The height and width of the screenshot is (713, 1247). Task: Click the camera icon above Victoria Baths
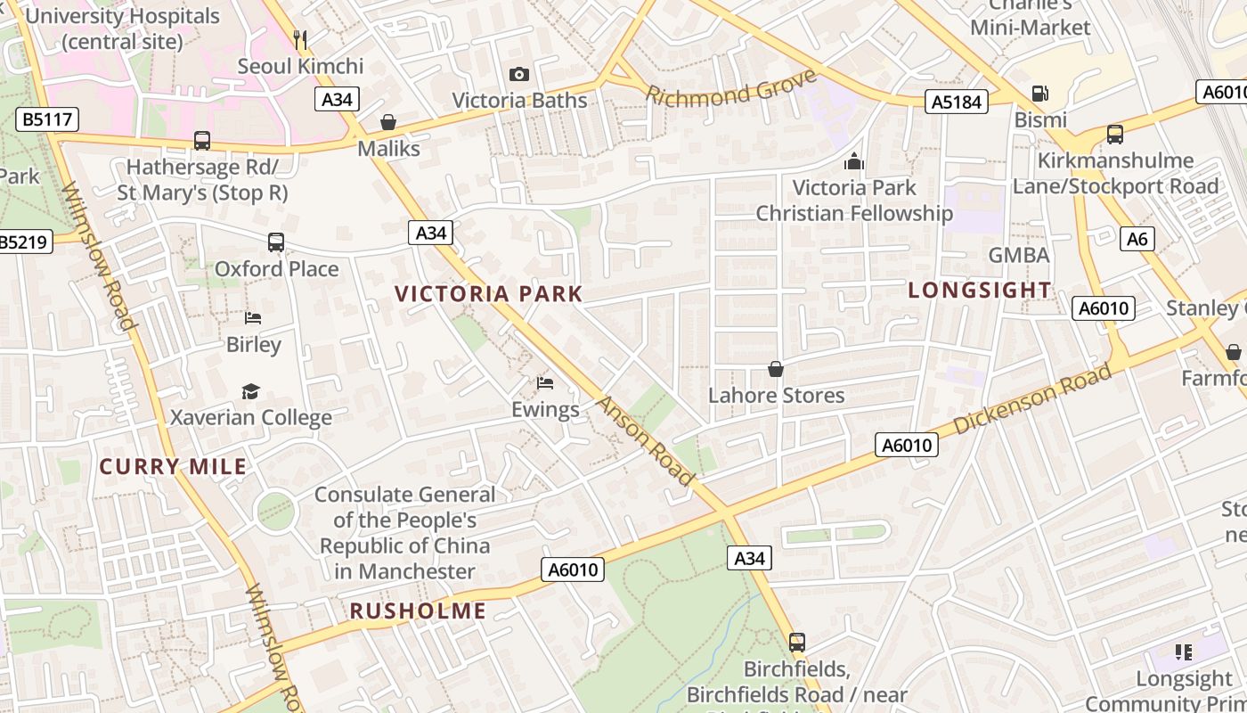518,74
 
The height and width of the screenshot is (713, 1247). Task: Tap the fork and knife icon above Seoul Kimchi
300,39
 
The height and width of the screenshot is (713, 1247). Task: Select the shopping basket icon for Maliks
388,122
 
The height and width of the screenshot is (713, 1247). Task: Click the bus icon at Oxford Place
276,242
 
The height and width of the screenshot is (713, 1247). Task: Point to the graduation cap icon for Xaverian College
250,391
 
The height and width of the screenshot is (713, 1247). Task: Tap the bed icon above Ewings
545,383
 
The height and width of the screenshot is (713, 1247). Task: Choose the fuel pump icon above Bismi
1039,94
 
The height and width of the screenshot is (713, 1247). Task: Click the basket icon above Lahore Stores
776,369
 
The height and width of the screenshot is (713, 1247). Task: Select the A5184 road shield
958,102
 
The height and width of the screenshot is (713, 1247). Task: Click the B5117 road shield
47,119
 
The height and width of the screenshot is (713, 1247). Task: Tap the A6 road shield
1137,239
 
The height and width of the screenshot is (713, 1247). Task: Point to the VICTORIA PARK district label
488,294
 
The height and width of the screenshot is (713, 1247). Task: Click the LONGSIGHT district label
980,291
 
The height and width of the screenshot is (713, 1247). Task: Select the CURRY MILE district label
173,467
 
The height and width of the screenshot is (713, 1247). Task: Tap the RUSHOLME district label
418,611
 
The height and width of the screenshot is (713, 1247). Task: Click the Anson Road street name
645,441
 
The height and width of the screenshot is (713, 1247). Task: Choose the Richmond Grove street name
731,87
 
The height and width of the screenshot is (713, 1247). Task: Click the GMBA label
1019,256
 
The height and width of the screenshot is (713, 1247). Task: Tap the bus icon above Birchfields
797,642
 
